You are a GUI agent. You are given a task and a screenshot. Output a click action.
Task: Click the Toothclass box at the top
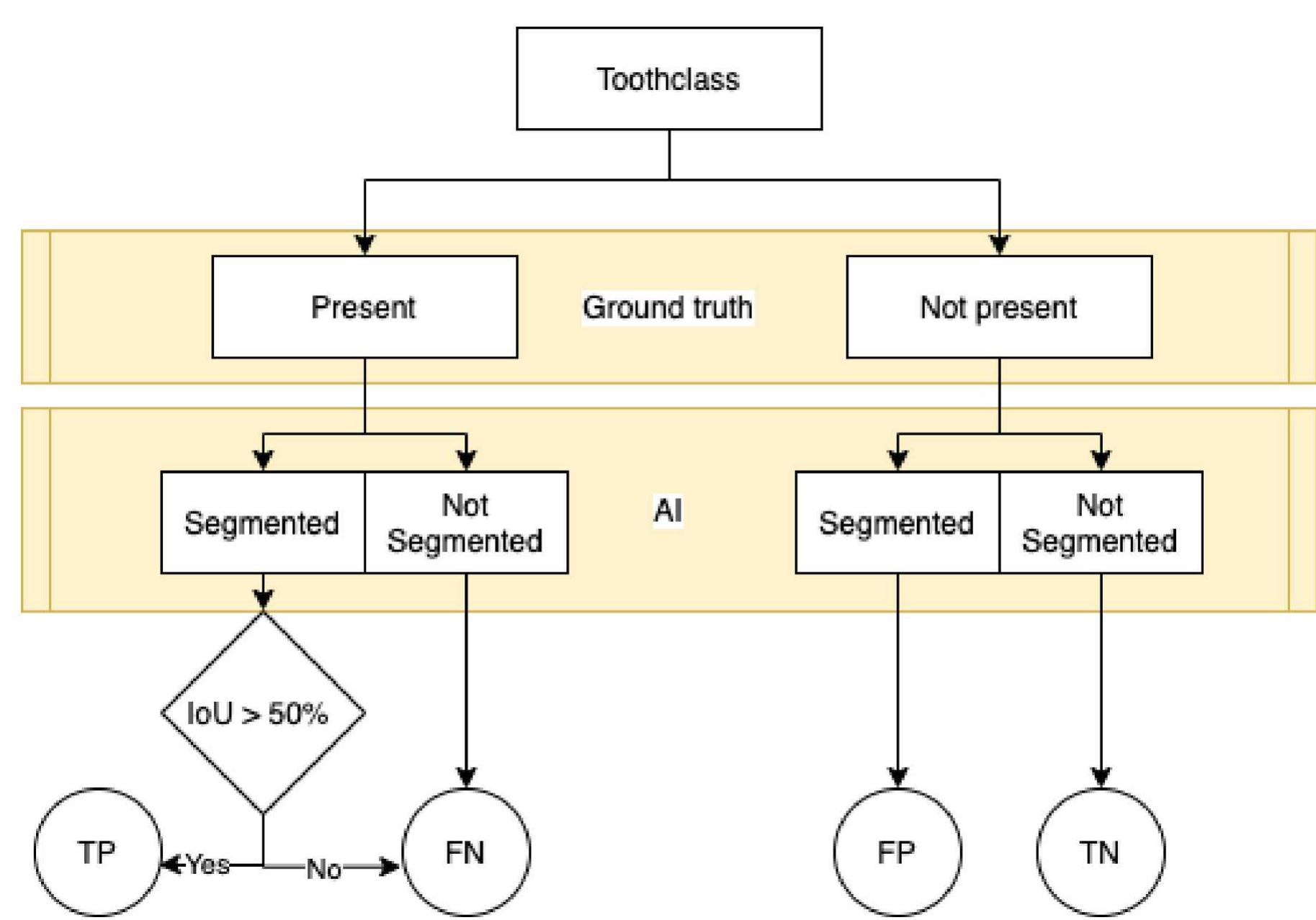coord(668,79)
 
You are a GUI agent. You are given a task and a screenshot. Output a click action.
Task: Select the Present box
coord(364,307)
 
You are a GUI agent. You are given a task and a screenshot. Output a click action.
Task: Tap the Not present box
coord(998,307)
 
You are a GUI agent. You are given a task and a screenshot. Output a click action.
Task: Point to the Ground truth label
coord(668,308)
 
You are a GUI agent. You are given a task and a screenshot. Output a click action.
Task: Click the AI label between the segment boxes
coord(668,511)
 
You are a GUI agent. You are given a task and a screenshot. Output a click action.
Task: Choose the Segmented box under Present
coord(263,523)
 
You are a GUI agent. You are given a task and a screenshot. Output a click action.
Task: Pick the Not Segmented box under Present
coord(466,523)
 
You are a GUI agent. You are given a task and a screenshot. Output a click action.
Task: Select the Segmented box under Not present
coord(897,523)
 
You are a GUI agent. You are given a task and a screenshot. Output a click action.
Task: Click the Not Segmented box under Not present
coord(1101,523)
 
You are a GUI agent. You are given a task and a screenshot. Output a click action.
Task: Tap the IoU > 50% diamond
coord(263,713)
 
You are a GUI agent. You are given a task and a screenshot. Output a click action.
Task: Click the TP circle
coord(97,852)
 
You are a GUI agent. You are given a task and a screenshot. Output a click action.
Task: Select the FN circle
coord(466,852)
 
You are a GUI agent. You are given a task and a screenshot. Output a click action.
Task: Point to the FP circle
coord(897,852)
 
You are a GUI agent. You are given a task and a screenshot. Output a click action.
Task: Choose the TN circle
coord(1100,852)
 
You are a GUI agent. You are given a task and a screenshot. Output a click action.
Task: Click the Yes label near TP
coord(208,865)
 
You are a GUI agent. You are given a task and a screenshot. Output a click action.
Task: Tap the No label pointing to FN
coord(323,869)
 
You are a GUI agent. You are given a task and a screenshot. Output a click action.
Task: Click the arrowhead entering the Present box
coord(364,245)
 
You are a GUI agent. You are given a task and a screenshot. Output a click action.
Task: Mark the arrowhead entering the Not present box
coord(999,245)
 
